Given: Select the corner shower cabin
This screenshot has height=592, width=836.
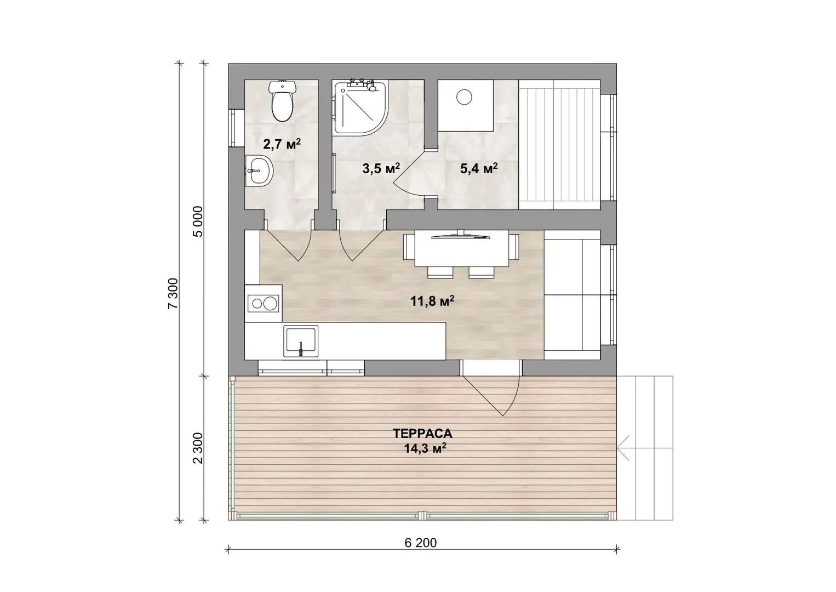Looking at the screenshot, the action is (360, 107).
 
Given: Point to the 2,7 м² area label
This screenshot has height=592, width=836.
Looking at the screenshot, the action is (282, 144).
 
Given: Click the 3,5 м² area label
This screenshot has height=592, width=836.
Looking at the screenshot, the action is (381, 168).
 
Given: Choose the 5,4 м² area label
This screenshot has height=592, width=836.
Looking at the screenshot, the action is (479, 168).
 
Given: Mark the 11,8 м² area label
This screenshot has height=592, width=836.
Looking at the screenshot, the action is (432, 301).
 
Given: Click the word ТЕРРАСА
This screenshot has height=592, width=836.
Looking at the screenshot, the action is (422, 434).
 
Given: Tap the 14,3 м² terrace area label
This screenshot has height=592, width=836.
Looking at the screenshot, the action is (426, 448).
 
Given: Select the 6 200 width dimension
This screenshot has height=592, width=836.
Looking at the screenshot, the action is (421, 543).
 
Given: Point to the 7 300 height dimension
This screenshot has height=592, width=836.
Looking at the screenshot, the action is (173, 293).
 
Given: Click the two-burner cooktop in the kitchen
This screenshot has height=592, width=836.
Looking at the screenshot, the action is (263, 303).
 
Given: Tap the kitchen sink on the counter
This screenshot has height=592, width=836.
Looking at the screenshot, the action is (301, 341).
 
